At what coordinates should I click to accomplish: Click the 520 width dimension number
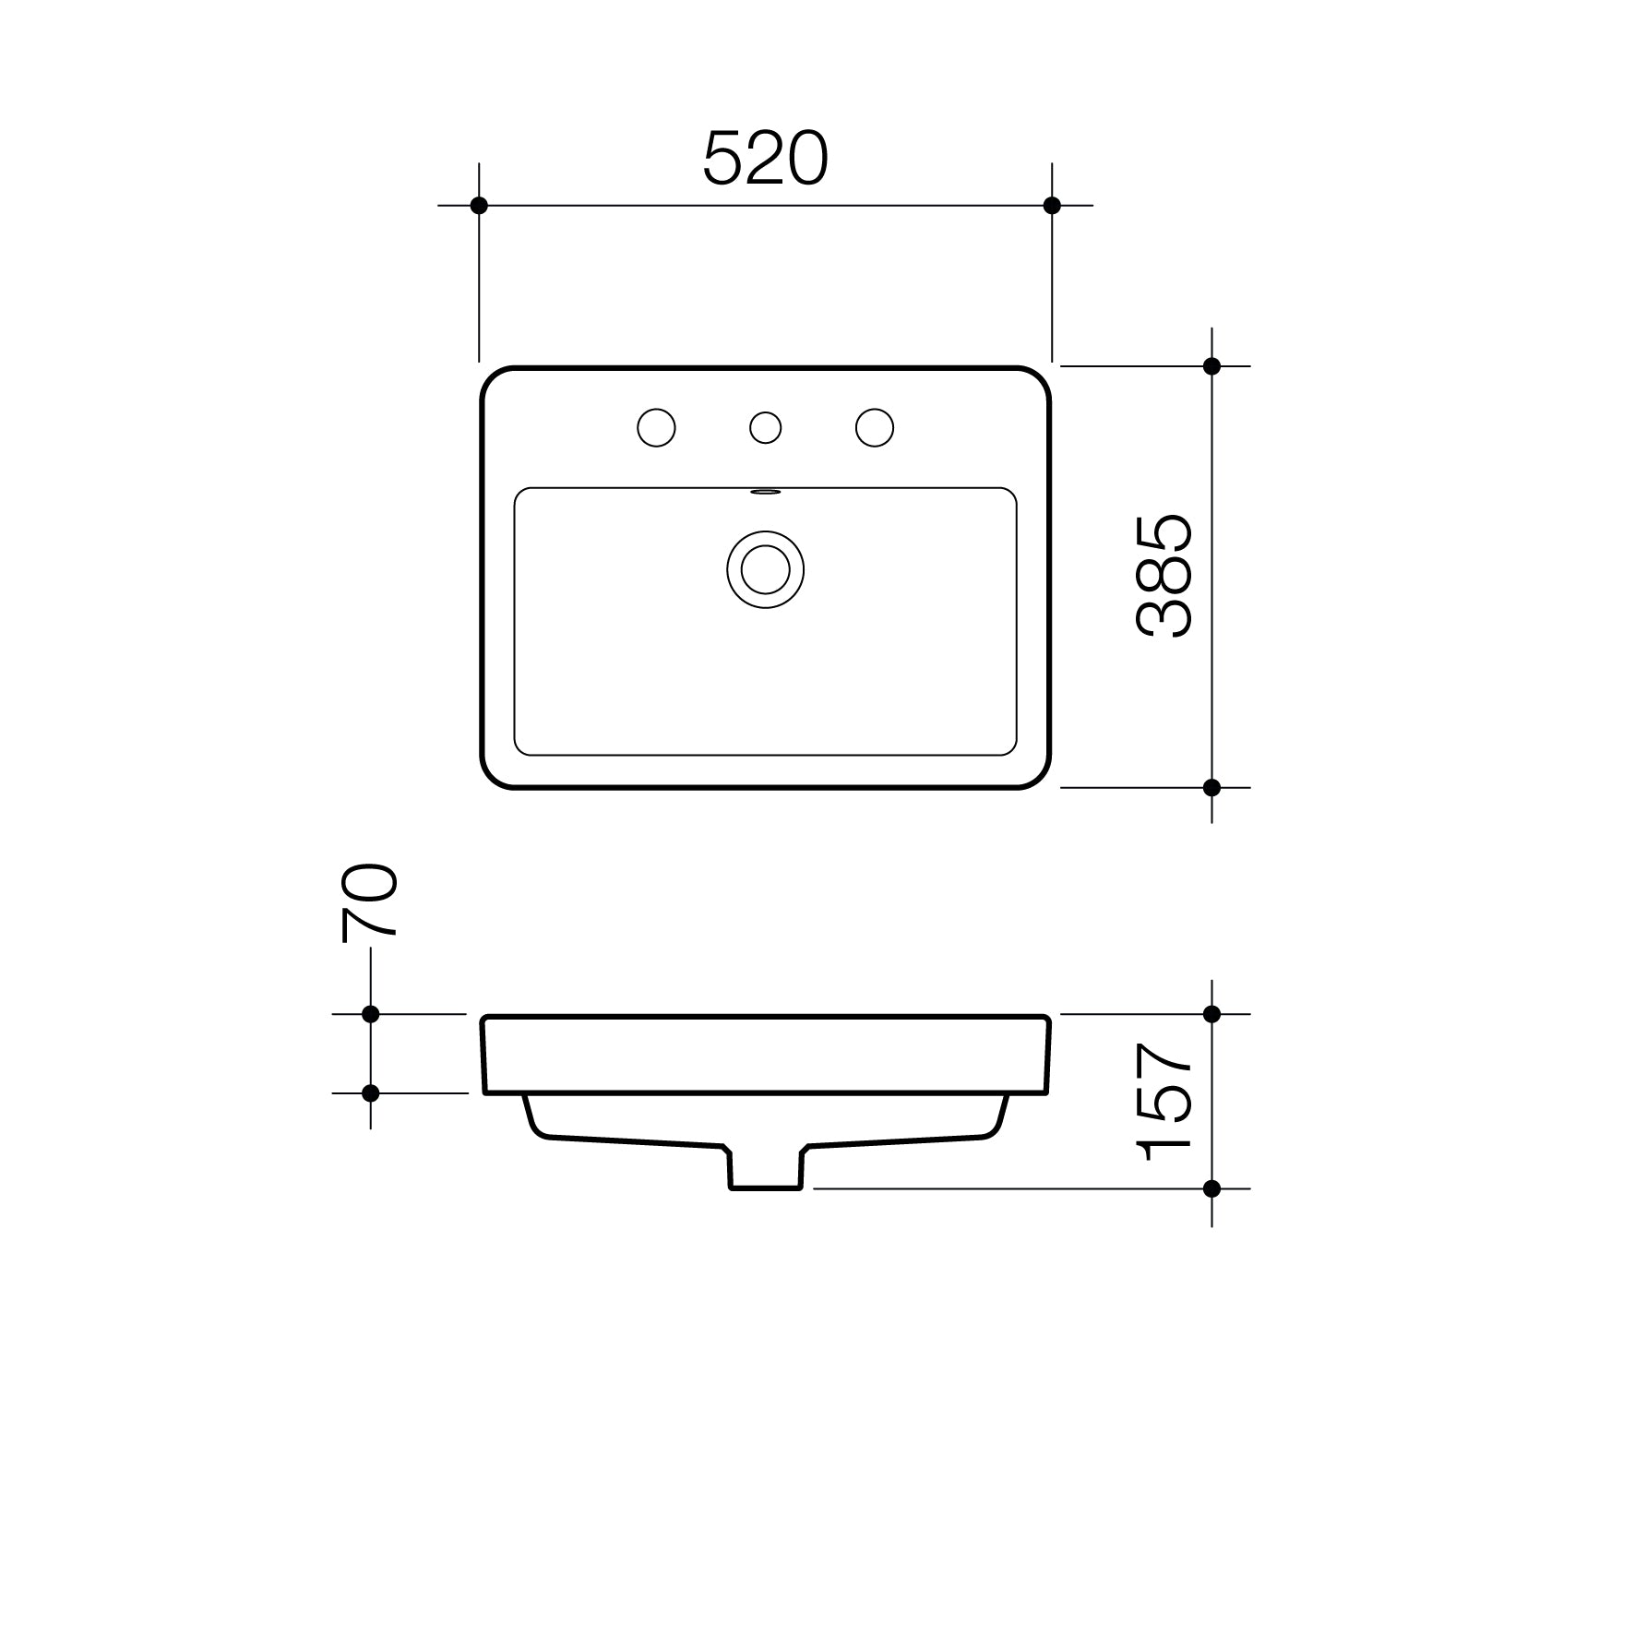coord(765,159)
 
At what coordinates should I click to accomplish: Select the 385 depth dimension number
coord(1164,577)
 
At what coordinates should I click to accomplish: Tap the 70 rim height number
coord(370,902)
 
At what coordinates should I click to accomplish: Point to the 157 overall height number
coord(1164,1102)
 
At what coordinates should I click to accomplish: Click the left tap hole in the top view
coord(656,428)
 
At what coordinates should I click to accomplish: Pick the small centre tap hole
coord(765,428)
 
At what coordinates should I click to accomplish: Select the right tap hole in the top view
coord(874,428)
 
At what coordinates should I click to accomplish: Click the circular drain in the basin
coord(765,569)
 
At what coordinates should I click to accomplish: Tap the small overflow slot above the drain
coord(765,493)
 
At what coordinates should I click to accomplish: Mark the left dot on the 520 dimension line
coord(479,205)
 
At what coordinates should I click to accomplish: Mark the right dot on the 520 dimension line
coord(1052,205)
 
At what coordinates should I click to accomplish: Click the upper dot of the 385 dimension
coord(1211,366)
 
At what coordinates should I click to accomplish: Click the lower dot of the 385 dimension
coord(1211,787)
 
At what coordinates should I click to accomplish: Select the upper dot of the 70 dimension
coord(371,1014)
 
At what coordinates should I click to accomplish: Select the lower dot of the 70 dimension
coord(371,1093)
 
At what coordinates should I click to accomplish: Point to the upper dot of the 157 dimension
coord(1211,1014)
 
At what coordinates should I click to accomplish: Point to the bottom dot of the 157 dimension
coord(1211,1188)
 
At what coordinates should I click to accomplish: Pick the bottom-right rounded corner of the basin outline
coord(1038,776)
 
